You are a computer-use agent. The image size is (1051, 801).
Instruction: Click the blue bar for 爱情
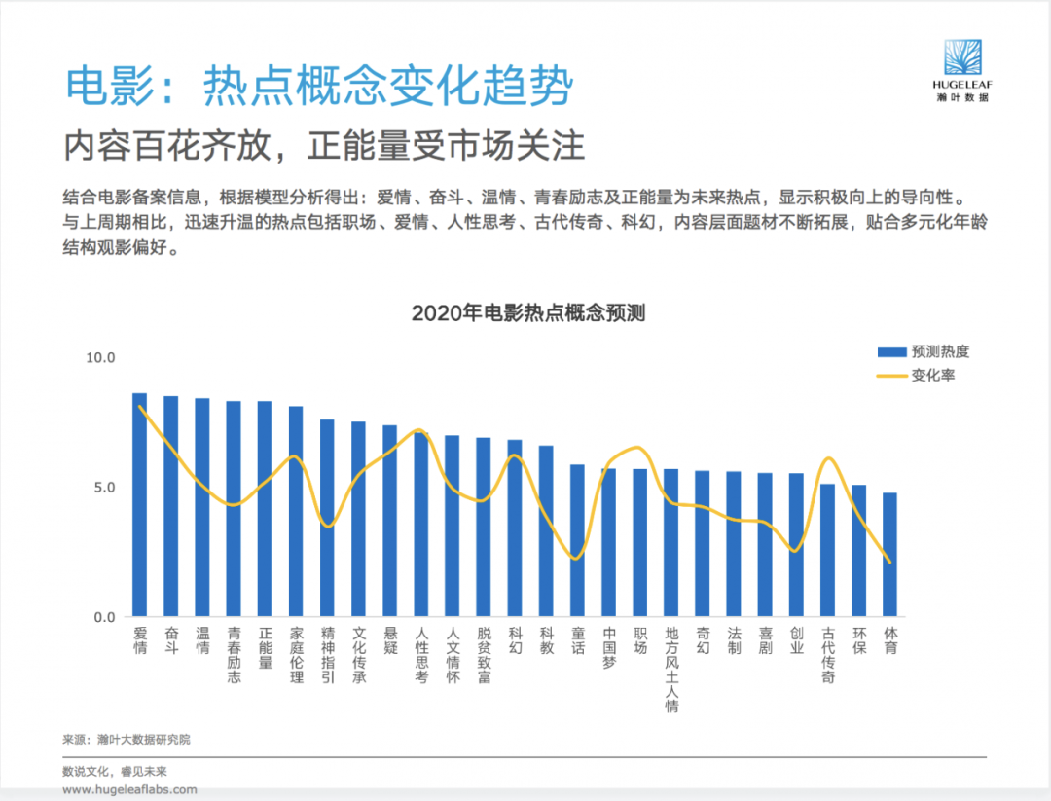[x=139, y=505]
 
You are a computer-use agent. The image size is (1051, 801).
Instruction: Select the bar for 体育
[x=889, y=555]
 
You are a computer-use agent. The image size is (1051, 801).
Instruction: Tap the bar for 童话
[x=577, y=540]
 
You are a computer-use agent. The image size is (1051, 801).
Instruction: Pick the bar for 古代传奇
[x=827, y=550]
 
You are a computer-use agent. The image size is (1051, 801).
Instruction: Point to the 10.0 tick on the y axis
[x=100, y=358]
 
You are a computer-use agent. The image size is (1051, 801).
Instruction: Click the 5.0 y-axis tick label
[x=104, y=488]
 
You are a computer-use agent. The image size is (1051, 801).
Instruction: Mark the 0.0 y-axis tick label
[x=104, y=617]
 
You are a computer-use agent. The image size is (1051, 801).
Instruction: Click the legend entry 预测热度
[x=924, y=352]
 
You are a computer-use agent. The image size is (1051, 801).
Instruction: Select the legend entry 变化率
[x=916, y=376]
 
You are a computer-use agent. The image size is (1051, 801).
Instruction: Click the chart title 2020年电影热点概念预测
[x=528, y=313]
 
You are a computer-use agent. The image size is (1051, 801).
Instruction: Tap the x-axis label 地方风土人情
[x=671, y=669]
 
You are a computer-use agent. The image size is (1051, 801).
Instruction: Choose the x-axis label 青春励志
[x=234, y=655]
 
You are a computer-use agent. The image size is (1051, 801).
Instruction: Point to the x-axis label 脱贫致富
[x=484, y=655]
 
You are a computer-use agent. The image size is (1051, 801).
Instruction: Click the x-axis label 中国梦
[x=608, y=647]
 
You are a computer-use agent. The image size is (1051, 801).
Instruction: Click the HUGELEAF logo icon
[x=962, y=56]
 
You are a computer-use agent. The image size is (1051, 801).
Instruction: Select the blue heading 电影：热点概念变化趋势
[x=320, y=87]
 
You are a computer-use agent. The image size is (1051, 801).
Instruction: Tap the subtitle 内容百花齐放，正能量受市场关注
[x=324, y=145]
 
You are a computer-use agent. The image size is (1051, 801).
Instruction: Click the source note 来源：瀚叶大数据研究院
[x=127, y=740]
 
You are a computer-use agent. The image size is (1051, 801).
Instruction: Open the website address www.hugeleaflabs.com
[x=130, y=789]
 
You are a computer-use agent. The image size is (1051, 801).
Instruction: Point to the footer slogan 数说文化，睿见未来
[x=115, y=772]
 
